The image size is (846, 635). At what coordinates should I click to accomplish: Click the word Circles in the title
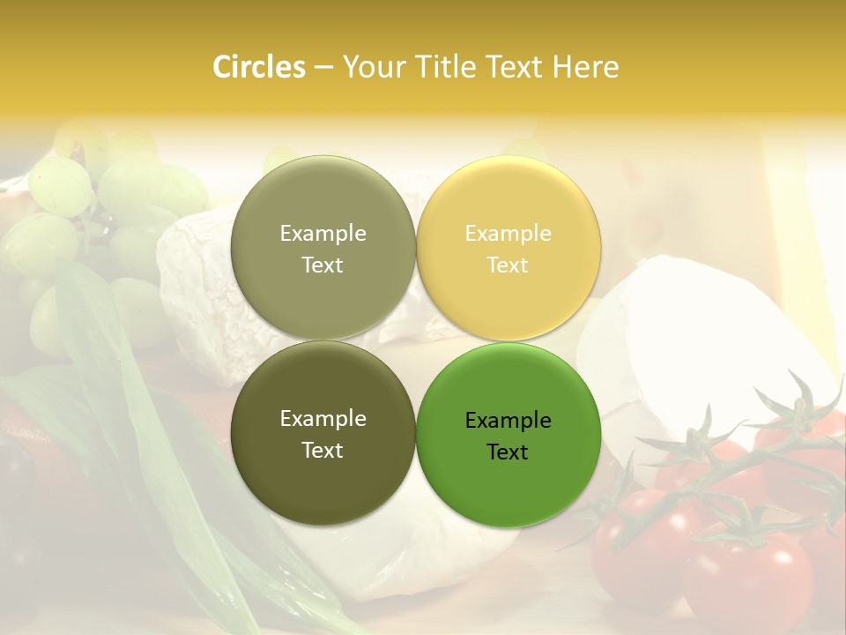tap(258, 67)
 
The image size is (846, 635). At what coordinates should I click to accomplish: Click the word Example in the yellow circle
tap(508, 234)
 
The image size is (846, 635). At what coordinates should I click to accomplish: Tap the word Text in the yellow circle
tap(508, 265)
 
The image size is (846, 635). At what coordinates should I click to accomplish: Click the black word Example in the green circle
tap(508, 421)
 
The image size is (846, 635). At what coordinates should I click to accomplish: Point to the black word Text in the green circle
tap(508, 452)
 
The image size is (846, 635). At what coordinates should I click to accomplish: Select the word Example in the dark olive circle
tap(323, 419)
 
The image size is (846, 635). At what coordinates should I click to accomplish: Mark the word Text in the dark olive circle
tap(323, 451)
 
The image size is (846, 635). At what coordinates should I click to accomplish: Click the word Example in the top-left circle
tap(323, 234)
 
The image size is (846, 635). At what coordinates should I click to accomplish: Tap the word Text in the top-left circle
tap(323, 265)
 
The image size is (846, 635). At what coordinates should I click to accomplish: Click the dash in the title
tap(323, 68)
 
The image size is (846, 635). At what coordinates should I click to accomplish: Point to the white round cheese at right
tap(696, 335)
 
